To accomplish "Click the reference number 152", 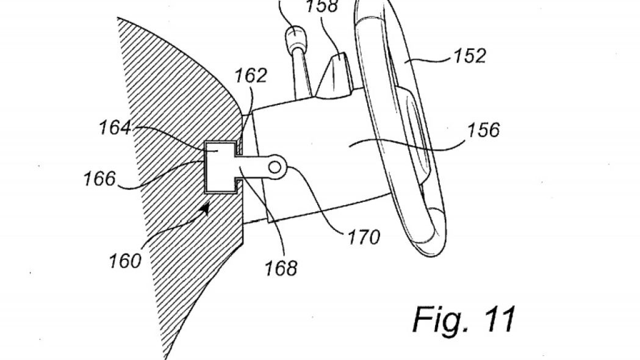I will click(469, 56).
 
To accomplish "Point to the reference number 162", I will click(251, 76).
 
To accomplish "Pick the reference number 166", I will click(99, 179).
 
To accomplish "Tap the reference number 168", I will click(281, 266).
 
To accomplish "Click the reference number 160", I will click(125, 261).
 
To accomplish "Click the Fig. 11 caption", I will click(464, 319).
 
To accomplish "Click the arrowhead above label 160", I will click(206, 209).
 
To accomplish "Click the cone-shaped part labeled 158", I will click(334, 76).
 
